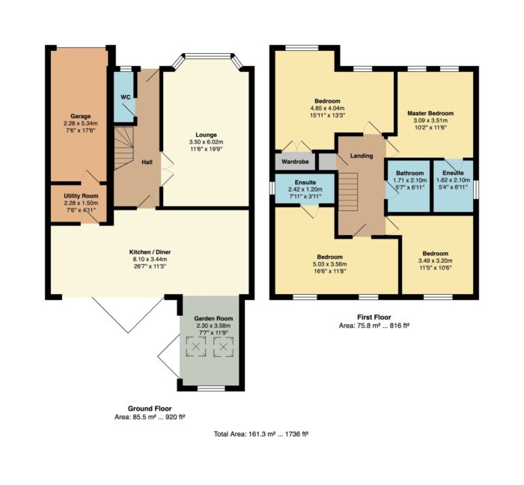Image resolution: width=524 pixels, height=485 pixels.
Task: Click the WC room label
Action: tap(125, 97)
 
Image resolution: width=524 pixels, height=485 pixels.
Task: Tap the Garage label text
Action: tap(80, 116)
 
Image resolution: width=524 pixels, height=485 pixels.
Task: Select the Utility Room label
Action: tap(81, 196)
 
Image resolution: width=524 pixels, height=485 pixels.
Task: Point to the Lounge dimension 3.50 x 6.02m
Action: tap(206, 142)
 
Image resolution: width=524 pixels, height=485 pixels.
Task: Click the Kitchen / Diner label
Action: tap(150, 251)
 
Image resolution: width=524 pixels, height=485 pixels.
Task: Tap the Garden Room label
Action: tap(213, 318)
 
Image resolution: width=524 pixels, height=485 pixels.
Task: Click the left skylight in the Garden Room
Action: tap(196, 347)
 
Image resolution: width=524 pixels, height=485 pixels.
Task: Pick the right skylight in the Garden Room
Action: tap(223, 347)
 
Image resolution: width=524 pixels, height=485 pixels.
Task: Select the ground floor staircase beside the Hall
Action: tap(124, 148)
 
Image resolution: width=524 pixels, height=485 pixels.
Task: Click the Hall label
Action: tap(147, 162)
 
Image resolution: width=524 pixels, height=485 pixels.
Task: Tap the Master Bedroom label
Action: tap(430, 113)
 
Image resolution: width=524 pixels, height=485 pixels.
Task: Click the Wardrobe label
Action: tap(294, 162)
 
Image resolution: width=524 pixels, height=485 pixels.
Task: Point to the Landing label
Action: tap(362, 156)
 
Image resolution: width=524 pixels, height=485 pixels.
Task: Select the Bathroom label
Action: tap(409, 173)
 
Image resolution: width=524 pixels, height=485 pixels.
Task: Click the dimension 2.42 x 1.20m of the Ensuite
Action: tap(305, 189)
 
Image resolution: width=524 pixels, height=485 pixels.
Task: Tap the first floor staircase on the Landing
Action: tap(348, 192)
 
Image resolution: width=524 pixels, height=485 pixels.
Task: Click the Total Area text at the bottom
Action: tap(261, 434)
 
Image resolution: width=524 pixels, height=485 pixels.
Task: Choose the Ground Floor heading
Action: tap(150, 409)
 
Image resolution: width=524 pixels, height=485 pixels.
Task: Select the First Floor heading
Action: tap(374, 317)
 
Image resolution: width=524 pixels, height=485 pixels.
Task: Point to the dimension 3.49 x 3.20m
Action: tap(436, 260)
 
